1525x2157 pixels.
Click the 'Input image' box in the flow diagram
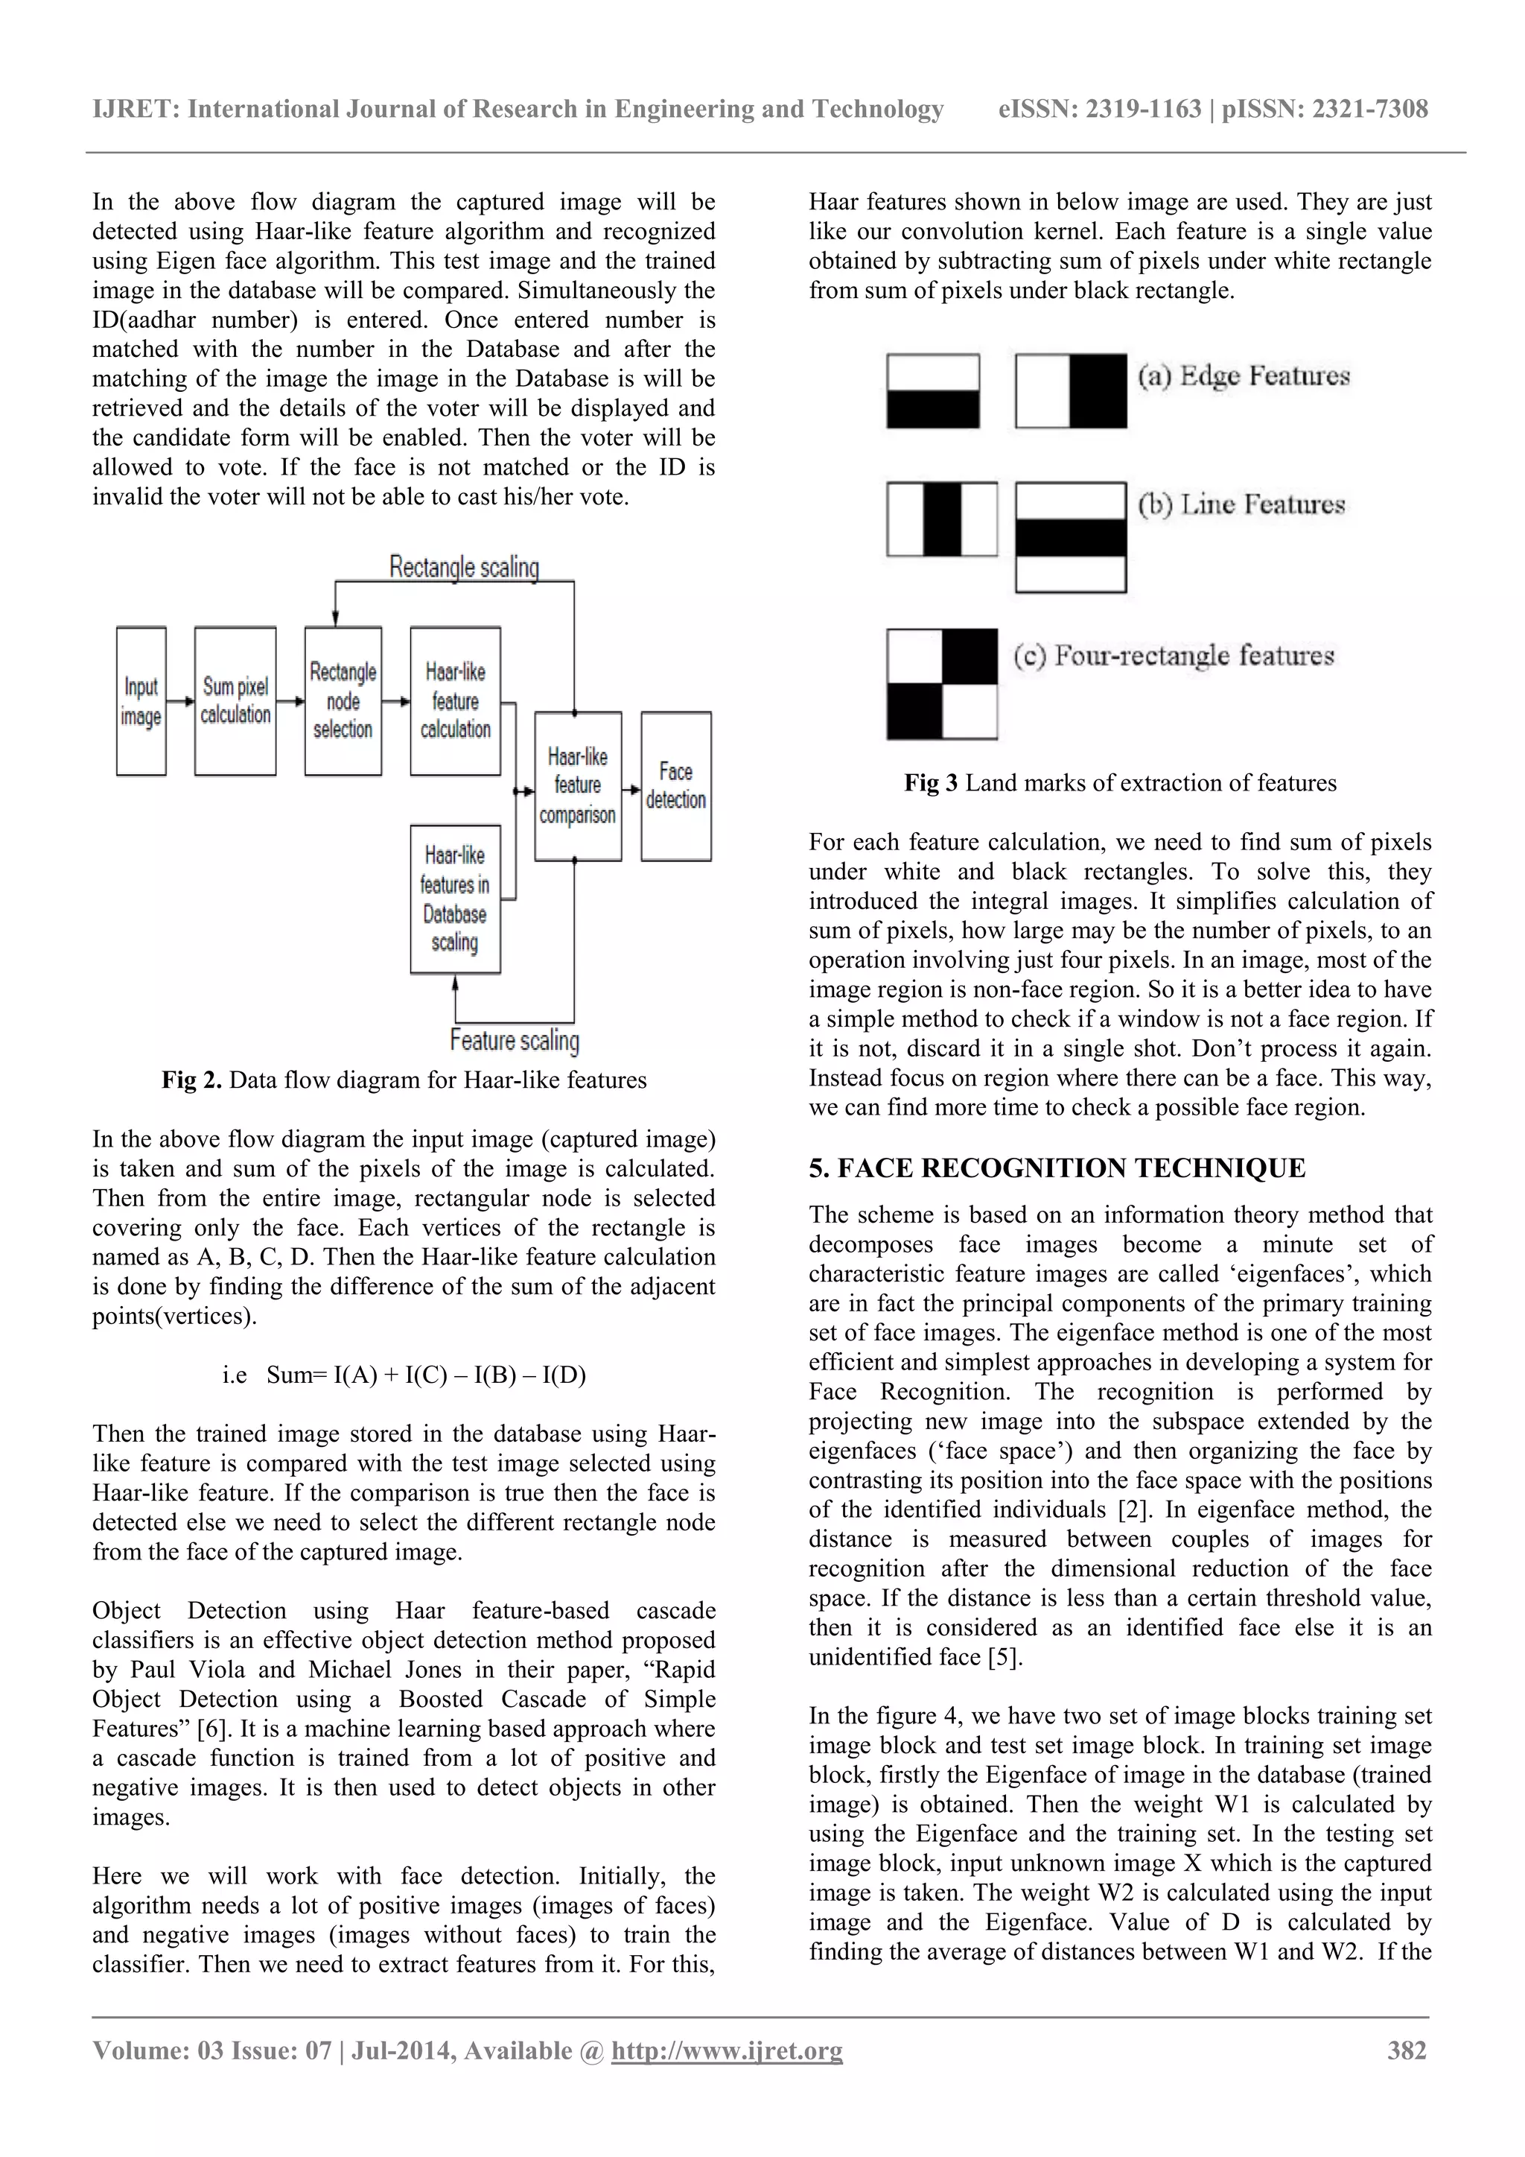141,701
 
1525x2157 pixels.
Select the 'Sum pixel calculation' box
235,701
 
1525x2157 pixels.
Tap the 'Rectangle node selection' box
343,701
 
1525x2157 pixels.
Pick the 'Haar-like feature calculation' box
456,701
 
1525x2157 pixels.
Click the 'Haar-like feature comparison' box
578,785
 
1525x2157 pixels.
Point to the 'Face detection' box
676,785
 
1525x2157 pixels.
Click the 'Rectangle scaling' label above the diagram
464,568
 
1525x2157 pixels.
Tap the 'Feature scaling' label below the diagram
515,1040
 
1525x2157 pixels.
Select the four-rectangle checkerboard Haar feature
942,684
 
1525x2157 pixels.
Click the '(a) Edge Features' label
1244,377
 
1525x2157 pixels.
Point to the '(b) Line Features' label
1241,505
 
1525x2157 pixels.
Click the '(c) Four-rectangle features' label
1174,655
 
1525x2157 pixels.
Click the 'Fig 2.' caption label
191,1080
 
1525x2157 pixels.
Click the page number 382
1407,2050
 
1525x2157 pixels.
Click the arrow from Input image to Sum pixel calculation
180,701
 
